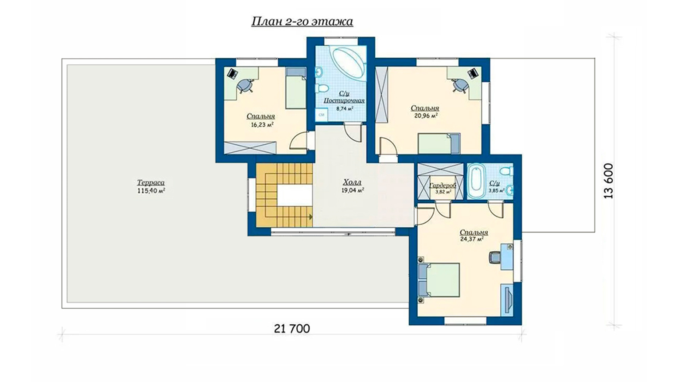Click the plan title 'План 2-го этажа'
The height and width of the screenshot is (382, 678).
(302, 22)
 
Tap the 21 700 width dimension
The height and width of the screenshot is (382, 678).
(292, 329)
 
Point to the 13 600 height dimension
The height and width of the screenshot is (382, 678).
(609, 181)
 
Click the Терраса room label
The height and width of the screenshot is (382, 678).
(151, 183)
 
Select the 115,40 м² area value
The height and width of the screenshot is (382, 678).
(151, 191)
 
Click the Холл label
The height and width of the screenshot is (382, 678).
(352, 183)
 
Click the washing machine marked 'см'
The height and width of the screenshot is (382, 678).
(321, 115)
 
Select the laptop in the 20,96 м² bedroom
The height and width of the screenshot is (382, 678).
(473, 73)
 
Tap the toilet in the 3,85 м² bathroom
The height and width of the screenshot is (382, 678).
(507, 171)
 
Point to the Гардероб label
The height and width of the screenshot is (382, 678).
(442, 185)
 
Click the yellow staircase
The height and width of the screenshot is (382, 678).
(284, 195)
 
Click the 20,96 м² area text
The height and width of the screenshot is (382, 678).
(426, 115)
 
